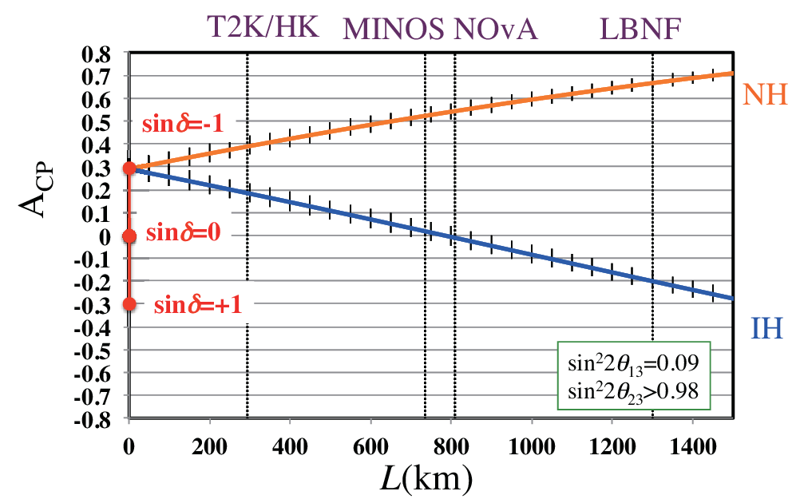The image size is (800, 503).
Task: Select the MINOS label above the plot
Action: (x=394, y=29)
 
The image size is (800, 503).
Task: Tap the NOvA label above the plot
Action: (x=495, y=29)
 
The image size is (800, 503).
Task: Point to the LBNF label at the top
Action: (x=640, y=29)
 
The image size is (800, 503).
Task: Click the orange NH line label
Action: (x=765, y=94)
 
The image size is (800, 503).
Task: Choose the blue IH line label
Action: (x=766, y=328)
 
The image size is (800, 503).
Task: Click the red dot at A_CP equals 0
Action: (x=129, y=236)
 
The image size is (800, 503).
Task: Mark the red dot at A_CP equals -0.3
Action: (x=129, y=303)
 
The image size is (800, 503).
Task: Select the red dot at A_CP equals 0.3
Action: (x=129, y=168)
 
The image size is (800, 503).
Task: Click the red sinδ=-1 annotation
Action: (x=183, y=124)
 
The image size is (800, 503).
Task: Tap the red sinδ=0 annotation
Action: (x=183, y=232)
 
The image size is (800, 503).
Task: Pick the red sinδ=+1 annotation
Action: (x=197, y=305)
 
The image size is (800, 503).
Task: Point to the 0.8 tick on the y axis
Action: (x=97, y=54)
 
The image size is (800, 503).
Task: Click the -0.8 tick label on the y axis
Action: (x=93, y=419)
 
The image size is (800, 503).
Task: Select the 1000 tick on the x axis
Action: (x=532, y=447)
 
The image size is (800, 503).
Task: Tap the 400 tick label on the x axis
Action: (x=290, y=447)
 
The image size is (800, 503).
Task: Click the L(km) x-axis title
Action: (x=426, y=480)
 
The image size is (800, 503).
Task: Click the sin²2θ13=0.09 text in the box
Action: (x=632, y=363)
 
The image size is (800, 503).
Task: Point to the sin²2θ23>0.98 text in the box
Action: (x=632, y=392)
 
